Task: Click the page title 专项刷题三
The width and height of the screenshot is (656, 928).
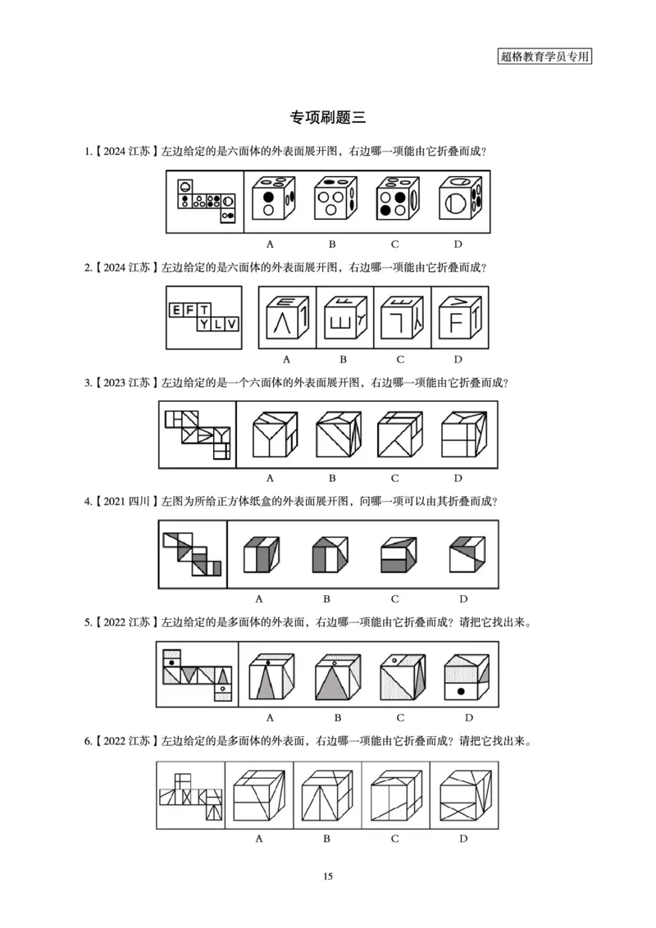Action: (327, 117)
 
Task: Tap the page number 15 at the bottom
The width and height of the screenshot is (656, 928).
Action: (328, 876)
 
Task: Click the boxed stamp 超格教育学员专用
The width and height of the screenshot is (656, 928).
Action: (544, 57)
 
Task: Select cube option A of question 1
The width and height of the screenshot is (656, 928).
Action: (274, 198)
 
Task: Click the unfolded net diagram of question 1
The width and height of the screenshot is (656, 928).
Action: (206, 201)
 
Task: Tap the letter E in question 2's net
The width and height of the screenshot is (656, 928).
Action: (175, 310)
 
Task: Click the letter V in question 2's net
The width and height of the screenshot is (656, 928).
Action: (231, 324)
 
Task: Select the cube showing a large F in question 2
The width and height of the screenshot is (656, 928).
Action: (459, 317)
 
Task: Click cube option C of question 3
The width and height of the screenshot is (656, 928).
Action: (399, 434)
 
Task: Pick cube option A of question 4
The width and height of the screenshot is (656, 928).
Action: (261, 554)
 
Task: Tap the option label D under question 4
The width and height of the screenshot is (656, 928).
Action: (463, 599)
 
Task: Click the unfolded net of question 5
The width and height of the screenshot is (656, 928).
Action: (197, 675)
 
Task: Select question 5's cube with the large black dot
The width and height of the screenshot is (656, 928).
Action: (467, 677)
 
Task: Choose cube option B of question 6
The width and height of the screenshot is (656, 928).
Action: (327, 795)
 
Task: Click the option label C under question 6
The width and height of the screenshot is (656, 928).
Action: (395, 839)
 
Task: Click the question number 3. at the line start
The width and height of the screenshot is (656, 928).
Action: (88, 383)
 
